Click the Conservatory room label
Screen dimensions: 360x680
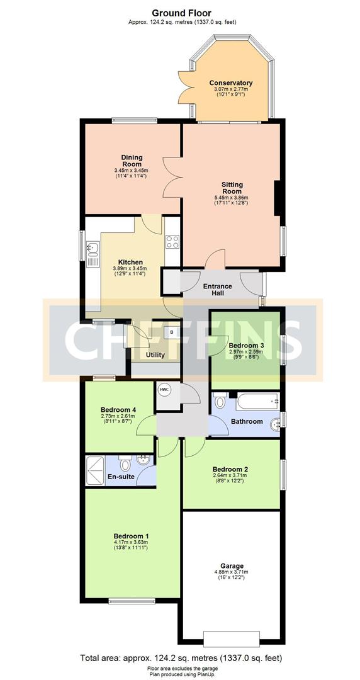[231, 83]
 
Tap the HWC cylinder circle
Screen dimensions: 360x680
[164, 390]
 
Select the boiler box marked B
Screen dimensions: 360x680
[172, 332]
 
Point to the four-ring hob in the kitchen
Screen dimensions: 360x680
[172, 242]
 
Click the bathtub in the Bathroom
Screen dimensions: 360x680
[257, 401]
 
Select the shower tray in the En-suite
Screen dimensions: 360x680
[95, 471]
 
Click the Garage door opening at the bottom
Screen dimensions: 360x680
[231, 639]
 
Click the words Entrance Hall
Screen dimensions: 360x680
[218, 290]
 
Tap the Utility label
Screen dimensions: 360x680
[155, 355]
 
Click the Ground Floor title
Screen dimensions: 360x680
[182, 14]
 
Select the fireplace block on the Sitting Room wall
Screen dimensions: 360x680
[278, 198]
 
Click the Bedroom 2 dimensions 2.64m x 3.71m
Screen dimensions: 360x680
[230, 475]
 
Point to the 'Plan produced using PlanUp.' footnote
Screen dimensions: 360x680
[182, 675]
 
